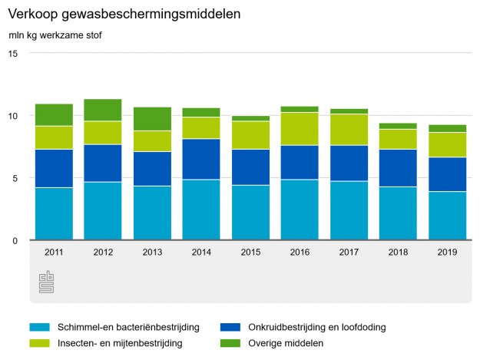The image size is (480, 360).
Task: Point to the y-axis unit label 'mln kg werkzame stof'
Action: (x=55, y=35)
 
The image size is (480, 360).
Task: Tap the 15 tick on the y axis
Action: (x=14, y=53)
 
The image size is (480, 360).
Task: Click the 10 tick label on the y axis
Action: (x=14, y=116)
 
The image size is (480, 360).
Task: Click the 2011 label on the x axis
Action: (x=54, y=252)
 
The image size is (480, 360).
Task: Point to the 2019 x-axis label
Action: (x=447, y=252)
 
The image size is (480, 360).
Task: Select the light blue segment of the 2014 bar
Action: (x=201, y=210)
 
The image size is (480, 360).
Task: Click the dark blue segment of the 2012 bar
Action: (x=103, y=163)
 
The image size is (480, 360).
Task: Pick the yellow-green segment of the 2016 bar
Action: (x=300, y=129)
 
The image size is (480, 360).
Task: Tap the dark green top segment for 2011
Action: (x=54, y=114)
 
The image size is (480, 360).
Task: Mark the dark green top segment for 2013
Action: (x=152, y=118)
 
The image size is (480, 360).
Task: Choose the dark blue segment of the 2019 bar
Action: (x=447, y=174)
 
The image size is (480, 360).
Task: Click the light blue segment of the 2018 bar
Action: (x=398, y=213)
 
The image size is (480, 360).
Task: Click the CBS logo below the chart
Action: (x=47, y=282)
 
